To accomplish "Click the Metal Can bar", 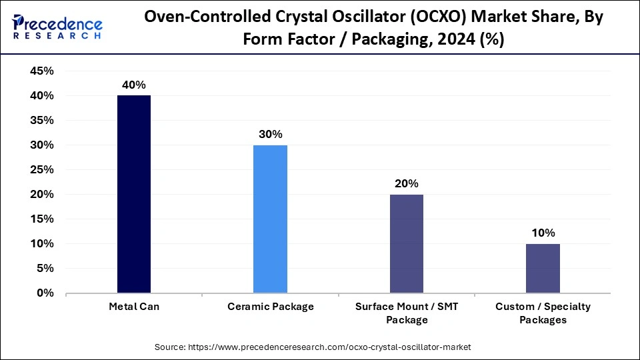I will (133, 194).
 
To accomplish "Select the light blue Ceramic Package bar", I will (270, 219).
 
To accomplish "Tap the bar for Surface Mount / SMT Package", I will (407, 243).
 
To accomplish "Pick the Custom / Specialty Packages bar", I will (543, 268).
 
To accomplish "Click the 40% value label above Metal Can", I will (133, 85).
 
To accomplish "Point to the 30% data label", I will (270, 134).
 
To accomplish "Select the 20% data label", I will (407, 183).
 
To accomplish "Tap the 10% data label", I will (543, 233).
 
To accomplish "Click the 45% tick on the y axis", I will (41, 71).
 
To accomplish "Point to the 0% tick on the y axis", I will (45, 293).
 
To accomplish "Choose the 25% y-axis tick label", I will (41, 170).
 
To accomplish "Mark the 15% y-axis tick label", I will (41, 219).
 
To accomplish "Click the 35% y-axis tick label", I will (41, 121).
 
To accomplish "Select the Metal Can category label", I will (133, 307).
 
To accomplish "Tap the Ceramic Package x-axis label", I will (270, 307).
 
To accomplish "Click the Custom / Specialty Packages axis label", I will (543, 313).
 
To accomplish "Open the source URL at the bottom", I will (320, 347).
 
